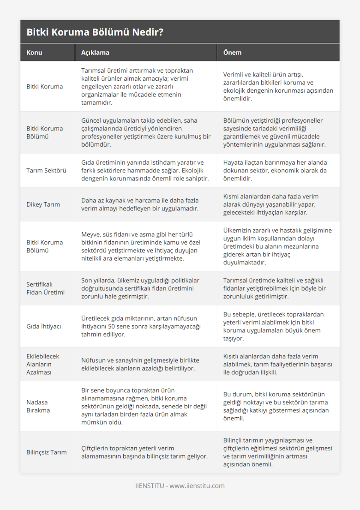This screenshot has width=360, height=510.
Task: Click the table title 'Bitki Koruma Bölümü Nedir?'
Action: pyautogui.click(x=95, y=32)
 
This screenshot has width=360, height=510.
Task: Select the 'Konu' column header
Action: pyautogui.click(x=34, y=52)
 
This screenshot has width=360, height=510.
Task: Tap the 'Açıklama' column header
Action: pyautogui.click(x=95, y=52)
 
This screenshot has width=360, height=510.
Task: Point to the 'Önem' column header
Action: pyautogui.click(x=232, y=52)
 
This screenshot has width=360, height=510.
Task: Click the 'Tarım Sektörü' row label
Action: pyautogui.click(x=46, y=170)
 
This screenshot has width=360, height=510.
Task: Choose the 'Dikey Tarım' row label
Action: pyautogui.click(x=43, y=204)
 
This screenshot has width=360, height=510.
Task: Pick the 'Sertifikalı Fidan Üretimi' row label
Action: pyautogui.click(x=45, y=288)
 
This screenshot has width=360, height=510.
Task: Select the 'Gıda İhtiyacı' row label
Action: pyautogui.click(x=43, y=326)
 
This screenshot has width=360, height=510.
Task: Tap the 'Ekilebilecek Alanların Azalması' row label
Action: pyautogui.click(x=43, y=364)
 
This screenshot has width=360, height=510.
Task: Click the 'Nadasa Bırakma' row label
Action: pyautogui.click(x=38, y=406)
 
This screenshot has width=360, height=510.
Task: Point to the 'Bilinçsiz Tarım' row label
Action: pyautogui.click(x=46, y=452)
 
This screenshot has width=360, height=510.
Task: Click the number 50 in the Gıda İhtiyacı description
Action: pyautogui.click(x=111, y=326)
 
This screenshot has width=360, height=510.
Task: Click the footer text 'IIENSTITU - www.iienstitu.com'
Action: pyautogui.click(x=180, y=486)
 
